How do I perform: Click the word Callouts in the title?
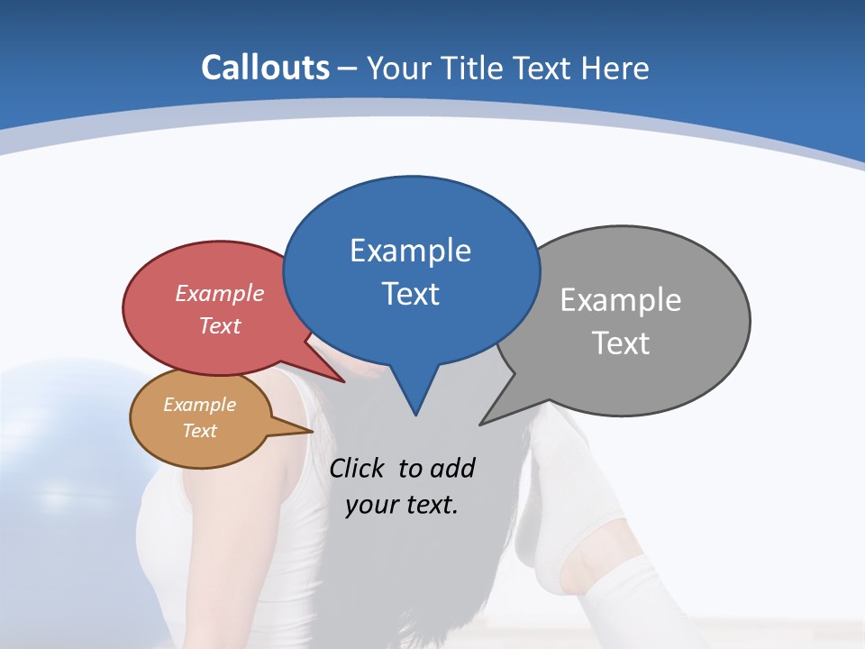(265, 68)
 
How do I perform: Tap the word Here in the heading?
(615, 69)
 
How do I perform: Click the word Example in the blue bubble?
(410, 251)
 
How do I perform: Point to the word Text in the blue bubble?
(410, 294)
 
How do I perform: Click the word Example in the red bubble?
(220, 293)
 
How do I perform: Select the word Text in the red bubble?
(220, 325)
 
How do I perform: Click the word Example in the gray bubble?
(621, 300)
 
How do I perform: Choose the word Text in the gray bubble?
(621, 343)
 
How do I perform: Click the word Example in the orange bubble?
(199, 405)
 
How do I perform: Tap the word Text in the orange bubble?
(199, 431)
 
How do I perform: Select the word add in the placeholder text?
(451, 469)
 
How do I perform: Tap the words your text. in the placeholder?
(402, 505)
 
